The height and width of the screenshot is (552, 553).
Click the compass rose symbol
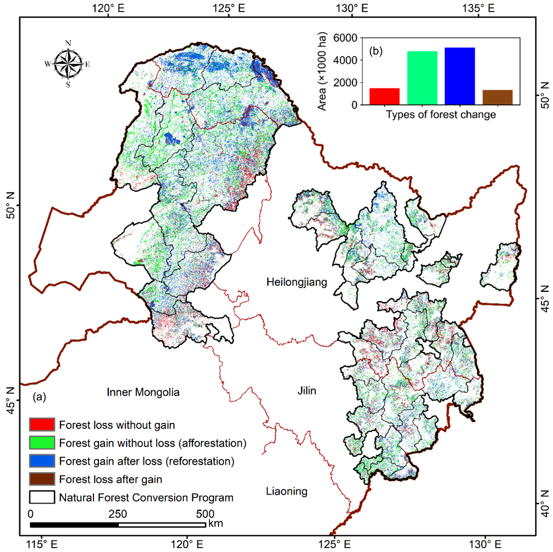click(68, 63)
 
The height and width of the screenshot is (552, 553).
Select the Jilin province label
click(307, 391)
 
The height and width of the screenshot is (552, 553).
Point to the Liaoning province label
click(286, 491)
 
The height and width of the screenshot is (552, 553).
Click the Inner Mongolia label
click(143, 392)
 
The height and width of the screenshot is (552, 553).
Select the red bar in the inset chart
click(385, 96)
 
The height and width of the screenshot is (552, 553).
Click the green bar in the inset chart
click(422, 78)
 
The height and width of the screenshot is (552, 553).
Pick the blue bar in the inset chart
click(460, 76)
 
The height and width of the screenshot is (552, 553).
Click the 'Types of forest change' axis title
click(440, 115)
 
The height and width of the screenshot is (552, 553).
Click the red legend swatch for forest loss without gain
click(42, 425)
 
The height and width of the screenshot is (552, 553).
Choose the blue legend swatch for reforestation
click(42, 461)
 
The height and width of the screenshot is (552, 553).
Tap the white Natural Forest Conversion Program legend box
click(42, 497)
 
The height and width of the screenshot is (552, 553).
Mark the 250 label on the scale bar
click(118, 513)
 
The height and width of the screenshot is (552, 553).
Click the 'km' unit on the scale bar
click(215, 524)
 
